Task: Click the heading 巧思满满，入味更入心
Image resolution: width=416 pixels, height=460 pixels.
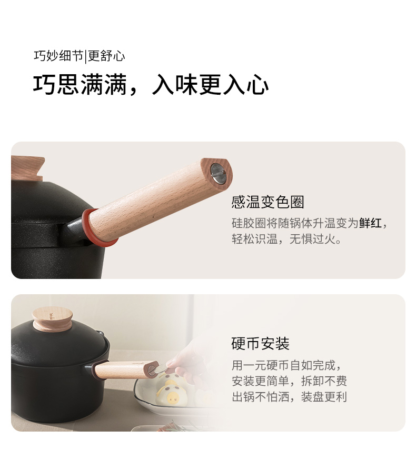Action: coord(151,85)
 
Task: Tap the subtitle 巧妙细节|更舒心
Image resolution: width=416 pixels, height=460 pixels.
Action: coord(80,56)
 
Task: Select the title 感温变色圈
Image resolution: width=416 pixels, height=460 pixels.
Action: coord(268,202)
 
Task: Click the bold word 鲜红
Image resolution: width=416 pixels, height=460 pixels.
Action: coord(371,223)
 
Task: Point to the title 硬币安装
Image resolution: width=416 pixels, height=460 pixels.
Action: coord(260,344)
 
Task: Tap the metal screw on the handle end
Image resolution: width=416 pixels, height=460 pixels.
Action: coord(218,173)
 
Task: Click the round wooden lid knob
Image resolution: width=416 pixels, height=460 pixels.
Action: coord(52,318)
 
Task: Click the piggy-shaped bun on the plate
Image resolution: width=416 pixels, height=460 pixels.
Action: coord(172,393)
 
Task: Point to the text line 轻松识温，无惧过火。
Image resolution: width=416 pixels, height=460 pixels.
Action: coord(286,239)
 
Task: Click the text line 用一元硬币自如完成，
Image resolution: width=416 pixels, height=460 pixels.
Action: coord(286,366)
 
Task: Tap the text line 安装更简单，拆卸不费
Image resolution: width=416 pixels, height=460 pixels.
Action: coord(289,381)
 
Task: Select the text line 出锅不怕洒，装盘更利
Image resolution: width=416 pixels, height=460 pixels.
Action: coord(289,397)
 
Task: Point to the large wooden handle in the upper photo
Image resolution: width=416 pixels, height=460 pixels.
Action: coord(160,199)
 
